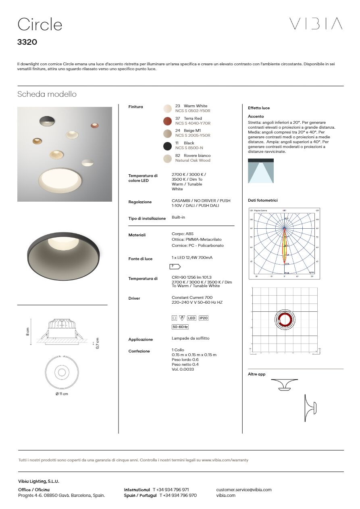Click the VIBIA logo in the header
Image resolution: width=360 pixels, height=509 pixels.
[316, 24]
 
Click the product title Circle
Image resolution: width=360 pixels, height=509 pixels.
[40, 25]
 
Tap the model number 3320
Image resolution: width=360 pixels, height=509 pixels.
[27, 42]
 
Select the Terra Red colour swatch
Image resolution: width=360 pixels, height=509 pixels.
[167, 121]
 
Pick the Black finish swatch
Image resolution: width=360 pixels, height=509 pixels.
[167, 146]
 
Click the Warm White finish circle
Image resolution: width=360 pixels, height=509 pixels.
[167, 108]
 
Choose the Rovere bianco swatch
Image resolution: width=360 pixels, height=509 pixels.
[167, 158]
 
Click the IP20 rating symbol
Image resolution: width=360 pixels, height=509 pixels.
[204, 318]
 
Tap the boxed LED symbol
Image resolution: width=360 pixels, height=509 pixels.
[191, 318]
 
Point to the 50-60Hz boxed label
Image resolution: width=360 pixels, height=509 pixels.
[180, 327]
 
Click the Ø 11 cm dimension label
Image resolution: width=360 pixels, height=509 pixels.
[62, 394]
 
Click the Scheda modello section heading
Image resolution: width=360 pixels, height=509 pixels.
[47, 94]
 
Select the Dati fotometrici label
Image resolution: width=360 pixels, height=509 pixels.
[262, 200]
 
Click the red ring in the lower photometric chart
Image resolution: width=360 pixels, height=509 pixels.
[285, 320]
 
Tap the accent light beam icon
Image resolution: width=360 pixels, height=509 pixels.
[260, 171]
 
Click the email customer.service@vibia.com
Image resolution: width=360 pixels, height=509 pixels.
[244, 490]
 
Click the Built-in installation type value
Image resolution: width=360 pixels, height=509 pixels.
[178, 217]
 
